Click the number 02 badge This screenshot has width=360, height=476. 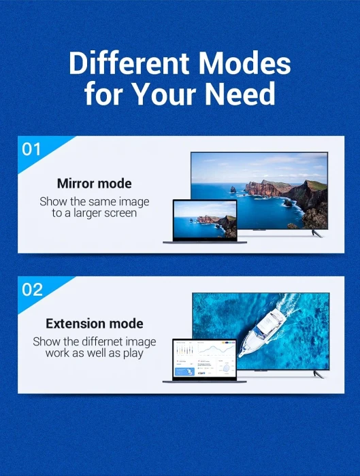[x=33, y=290]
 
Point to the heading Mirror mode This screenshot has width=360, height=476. [x=95, y=184]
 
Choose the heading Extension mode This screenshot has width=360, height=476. [x=95, y=324]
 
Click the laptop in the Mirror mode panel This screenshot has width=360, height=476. [x=204, y=222]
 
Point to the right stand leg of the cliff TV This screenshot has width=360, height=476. [x=314, y=233]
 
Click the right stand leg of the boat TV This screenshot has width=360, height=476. [x=317, y=373]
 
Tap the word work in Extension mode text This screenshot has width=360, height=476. [x=59, y=354]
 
